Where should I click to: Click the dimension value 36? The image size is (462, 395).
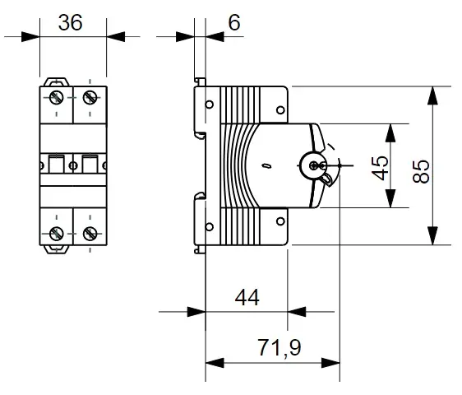70,23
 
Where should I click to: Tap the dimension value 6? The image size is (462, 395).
234,22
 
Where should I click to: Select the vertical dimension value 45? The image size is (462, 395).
380,168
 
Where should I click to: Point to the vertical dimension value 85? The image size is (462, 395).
421,171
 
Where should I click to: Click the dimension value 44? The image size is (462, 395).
247,297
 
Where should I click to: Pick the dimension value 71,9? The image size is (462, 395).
280,348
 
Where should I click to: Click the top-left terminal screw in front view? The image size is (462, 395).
57,98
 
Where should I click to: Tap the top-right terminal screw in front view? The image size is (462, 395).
90,98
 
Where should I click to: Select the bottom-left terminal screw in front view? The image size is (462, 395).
57,234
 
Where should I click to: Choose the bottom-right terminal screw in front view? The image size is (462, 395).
90,234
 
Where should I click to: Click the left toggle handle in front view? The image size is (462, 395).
56,164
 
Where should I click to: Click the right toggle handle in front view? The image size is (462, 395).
90,164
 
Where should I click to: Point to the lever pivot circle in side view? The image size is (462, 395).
313,165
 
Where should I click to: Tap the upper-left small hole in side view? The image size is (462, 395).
209,105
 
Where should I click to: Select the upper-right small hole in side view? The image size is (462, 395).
280,110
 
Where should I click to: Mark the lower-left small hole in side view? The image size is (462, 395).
209,227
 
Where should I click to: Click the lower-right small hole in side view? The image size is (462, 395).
280,221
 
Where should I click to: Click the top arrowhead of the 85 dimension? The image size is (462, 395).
432,95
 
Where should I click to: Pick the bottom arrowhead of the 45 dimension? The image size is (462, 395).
390,198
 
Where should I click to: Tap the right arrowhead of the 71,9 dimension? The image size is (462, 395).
330,363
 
